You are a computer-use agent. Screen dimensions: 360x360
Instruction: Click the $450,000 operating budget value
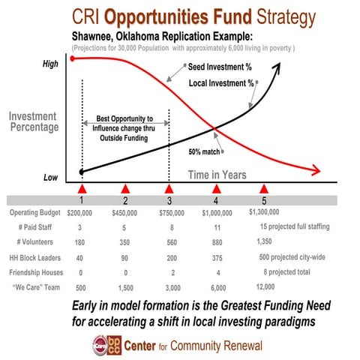click(125, 213)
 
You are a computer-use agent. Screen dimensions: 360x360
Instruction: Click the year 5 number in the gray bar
click(263, 201)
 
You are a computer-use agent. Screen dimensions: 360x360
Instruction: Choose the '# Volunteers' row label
click(36, 242)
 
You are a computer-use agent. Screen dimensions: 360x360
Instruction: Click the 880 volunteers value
click(217, 242)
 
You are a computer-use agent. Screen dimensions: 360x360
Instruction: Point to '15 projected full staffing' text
click(296, 227)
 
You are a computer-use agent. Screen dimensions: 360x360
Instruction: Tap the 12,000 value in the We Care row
click(265, 286)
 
